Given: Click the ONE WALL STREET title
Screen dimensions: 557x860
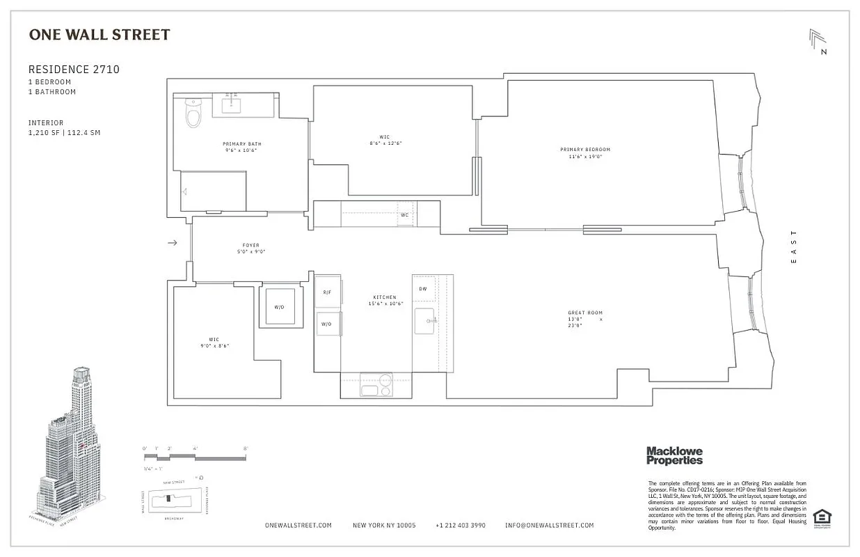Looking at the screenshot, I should (x=99, y=35).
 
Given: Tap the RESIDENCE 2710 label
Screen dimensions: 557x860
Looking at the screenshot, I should (x=74, y=70).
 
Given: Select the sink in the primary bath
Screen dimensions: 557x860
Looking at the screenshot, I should (x=232, y=105).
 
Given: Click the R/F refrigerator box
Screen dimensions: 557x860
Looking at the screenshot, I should (x=327, y=293).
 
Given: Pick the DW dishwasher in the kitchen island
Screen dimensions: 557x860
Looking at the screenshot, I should (x=423, y=288).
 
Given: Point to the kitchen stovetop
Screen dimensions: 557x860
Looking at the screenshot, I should (x=376, y=385).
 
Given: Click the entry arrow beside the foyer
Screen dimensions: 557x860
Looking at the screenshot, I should (x=173, y=242).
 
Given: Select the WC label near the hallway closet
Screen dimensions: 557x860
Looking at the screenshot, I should (x=404, y=214).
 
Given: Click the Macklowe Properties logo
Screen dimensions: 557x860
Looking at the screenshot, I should (x=674, y=455).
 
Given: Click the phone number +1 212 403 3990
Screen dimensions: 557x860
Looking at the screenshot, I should (x=460, y=526).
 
